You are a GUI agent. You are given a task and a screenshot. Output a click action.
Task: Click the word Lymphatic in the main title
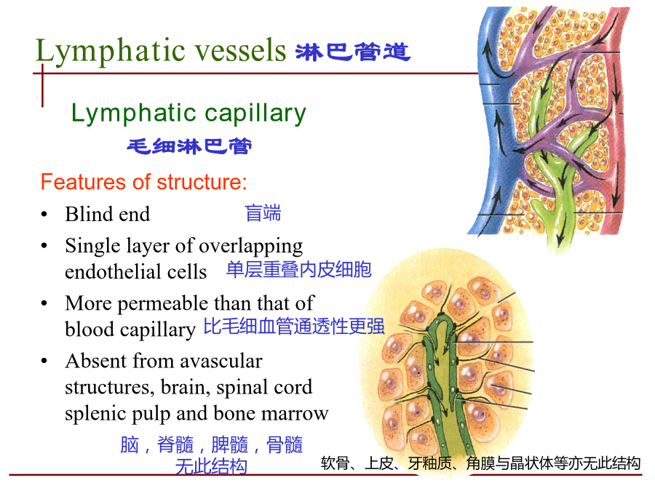click(111, 51)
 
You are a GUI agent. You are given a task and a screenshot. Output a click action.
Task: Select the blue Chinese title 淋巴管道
click(353, 52)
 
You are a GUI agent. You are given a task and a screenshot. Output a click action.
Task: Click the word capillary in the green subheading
click(255, 113)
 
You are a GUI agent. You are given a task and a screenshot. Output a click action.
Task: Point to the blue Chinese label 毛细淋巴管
click(189, 146)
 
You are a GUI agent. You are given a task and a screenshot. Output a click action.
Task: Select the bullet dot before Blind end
click(44, 215)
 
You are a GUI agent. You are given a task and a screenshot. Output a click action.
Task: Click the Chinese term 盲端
click(263, 213)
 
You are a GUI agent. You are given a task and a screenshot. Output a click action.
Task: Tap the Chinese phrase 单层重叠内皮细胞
click(298, 270)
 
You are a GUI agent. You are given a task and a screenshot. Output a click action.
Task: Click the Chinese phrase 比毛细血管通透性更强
click(294, 326)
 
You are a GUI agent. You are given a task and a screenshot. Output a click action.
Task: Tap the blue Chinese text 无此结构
click(211, 466)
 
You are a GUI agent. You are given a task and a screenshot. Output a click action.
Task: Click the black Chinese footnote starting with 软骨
click(480, 463)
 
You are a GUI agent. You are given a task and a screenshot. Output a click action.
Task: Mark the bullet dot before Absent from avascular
click(44, 361)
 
